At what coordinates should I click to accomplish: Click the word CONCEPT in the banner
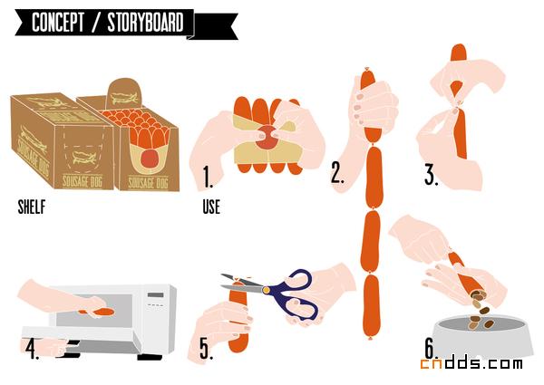point(58,23)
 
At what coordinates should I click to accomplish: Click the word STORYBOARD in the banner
point(145,23)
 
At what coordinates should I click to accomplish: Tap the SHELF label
point(32,207)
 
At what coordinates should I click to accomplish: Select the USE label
point(211,207)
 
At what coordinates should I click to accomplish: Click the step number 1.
point(208,178)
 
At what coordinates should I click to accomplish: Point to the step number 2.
point(337,173)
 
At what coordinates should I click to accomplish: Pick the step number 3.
point(432,176)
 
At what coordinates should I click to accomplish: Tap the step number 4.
point(32,349)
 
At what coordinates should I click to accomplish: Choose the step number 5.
point(206,349)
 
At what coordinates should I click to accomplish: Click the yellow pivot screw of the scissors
point(266,290)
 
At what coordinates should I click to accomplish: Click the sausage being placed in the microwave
point(101,312)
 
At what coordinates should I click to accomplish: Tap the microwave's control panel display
point(155,295)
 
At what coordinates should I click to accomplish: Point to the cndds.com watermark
point(471,363)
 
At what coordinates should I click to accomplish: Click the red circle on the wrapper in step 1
point(267,138)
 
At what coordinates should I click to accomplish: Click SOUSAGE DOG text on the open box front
point(148,183)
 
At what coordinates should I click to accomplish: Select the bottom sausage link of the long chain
point(371,306)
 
